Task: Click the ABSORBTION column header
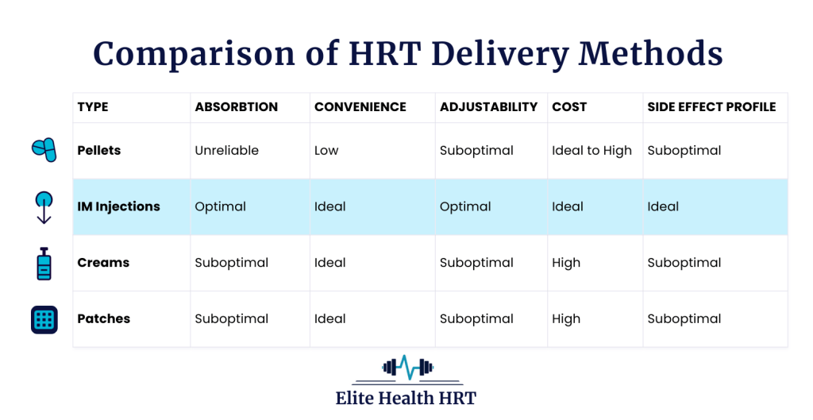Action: [x=236, y=107]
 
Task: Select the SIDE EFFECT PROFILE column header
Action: [x=711, y=107]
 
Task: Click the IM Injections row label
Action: [x=118, y=206]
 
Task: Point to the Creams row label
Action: [x=103, y=263]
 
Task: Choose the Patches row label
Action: [x=103, y=319]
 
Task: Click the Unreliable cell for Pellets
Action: [x=226, y=150]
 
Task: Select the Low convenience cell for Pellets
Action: [x=326, y=150]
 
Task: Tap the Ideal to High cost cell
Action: [x=591, y=150]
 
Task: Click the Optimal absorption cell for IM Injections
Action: [x=220, y=206]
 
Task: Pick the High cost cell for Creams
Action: [x=566, y=263]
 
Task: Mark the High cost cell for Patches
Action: [x=566, y=319]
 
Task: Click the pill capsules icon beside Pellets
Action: [x=44, y=149]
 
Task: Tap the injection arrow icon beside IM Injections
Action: [x=44, y=207]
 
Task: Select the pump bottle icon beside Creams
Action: [x=44, y=263]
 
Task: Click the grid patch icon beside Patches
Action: [x=44, y=319]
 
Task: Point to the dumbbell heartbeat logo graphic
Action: [x=406, y=368]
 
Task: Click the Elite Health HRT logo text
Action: [x=406, y=398]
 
